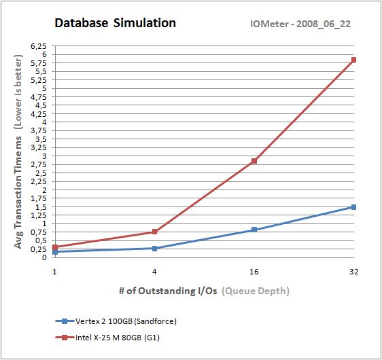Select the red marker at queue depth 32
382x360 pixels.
(353, 60)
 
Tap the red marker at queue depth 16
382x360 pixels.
(254, 161)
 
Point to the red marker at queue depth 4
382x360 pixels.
(155, 232)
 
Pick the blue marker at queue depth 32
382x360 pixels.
(353, 207)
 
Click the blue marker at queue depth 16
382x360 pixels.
(254, 230)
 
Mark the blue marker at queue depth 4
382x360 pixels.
(155, 249)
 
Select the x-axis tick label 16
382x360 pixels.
(254, 271)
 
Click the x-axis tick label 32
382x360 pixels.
(353, 271)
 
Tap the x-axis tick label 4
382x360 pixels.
(155, 271)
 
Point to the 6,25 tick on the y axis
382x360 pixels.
(38, 46)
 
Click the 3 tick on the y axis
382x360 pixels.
(44, 156)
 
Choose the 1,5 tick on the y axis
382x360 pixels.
(41, 207)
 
